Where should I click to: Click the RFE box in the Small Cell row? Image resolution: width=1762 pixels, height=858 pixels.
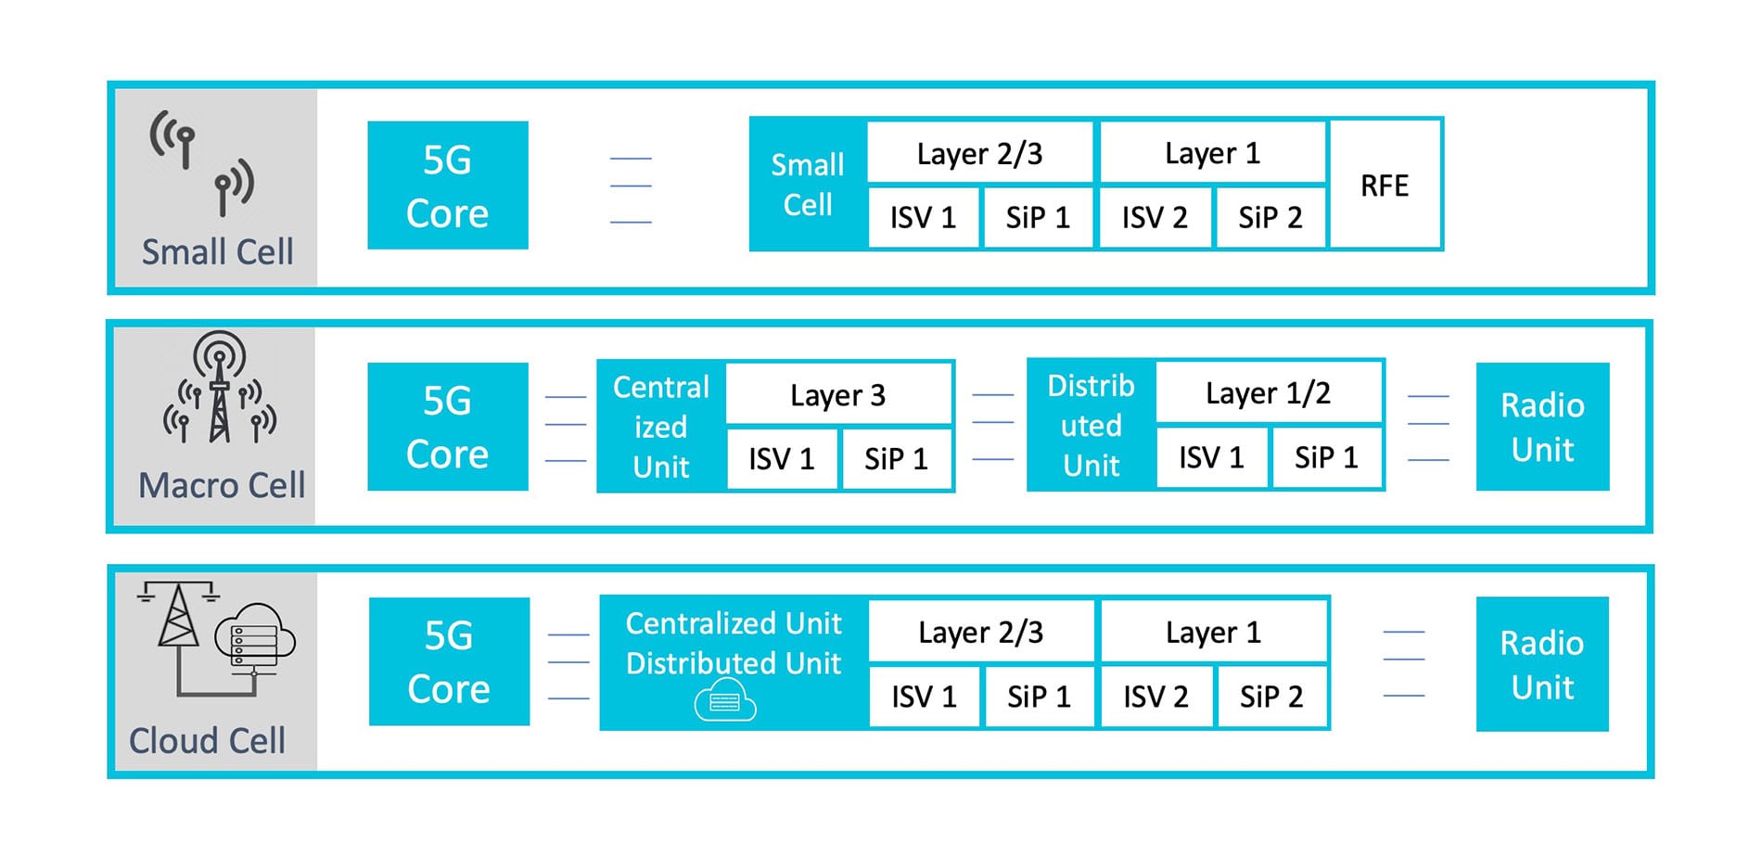tap(1385, 185)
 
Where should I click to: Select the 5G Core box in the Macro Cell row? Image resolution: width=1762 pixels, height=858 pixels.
tap(447, 427)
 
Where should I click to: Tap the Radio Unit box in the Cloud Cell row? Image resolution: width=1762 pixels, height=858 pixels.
tap(1541, 664)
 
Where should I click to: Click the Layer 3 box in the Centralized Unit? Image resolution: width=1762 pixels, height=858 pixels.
tap(837, 394)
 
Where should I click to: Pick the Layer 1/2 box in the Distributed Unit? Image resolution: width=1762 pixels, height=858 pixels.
tap(1268, 392)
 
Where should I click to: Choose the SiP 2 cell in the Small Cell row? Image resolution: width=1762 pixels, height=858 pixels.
tap(1270, 217)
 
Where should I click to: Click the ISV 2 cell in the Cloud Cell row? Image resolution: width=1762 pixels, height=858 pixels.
tap(1155, 696)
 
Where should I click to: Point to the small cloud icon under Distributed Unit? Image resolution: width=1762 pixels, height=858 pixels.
tap(725, 700)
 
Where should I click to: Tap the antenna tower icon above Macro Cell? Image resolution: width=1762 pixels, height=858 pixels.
tap(220, 388)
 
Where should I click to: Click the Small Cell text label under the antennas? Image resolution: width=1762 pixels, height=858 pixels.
tap(217, 251)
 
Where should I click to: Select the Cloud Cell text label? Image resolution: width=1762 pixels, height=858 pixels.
tap(207, 740)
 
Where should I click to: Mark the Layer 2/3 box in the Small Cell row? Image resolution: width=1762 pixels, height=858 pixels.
tap(979, 153)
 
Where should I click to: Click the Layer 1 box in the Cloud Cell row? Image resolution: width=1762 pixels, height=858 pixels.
tap(1213, 632)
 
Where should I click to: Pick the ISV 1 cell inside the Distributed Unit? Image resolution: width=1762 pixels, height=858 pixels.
tap(1210, 457)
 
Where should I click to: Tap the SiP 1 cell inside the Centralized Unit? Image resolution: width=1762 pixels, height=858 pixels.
tap(895, 458)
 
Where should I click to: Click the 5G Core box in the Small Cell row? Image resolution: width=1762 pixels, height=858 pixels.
tap(447, 186)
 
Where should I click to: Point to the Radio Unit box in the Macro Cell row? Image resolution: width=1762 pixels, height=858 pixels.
tap(1541, 427)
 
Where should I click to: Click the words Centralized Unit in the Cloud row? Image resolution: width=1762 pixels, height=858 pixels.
tap(733, 623)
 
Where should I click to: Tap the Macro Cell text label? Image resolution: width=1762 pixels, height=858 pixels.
tap(221, 485)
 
